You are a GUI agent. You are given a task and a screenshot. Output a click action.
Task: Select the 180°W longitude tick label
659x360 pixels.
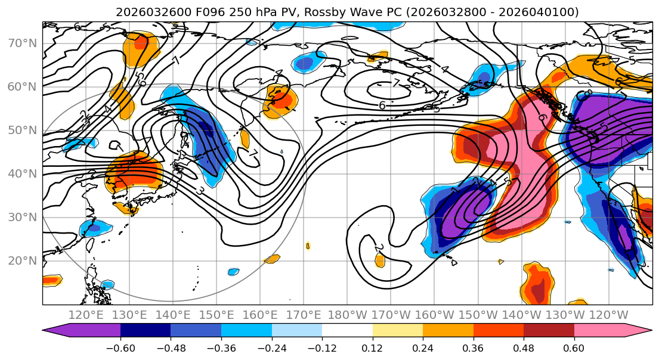pos(346,315)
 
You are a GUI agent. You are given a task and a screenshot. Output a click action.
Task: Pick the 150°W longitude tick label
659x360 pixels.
pos(477,315)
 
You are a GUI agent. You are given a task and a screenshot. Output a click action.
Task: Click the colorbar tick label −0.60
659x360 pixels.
pos(120,347)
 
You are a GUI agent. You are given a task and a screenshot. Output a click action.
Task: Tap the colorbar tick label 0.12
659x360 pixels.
pos(372,347)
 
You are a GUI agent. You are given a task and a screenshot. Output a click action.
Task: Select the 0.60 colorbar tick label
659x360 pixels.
pos(574,347)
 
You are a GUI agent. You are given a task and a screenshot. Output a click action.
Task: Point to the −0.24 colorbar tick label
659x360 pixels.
pos(271,347)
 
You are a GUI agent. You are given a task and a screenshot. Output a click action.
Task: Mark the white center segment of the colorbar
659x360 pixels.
pos(347,331)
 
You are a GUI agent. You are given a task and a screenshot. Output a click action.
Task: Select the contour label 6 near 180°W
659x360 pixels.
pos(382,105)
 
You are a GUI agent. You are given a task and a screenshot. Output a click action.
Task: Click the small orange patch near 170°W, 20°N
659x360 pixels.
pos(380,260)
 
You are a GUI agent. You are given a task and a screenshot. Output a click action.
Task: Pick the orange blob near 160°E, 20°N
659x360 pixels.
pos(272,259)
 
